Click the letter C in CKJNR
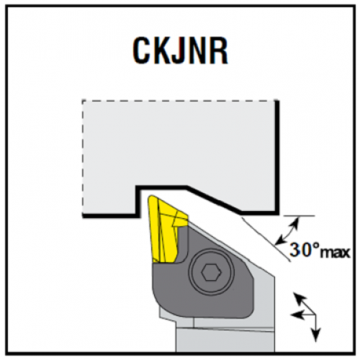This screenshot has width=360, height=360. pyautogui.click(x=142, y=52)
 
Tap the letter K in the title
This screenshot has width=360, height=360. pyautogui.click(x=162, y=52)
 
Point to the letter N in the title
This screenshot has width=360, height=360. pyautogui.click(x=199, y=52)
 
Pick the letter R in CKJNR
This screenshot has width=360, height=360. pyautogui.click(x=219, y=52)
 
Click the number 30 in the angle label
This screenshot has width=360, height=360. pyautogui.click(x=300, y=250)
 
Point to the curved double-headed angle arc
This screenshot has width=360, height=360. pyautogui.click(x=292, y=231)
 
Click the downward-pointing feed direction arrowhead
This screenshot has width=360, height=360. pyautogui.click(x=315, y=336)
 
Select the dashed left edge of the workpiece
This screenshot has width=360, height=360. pyautogui.click(x=83, y=157)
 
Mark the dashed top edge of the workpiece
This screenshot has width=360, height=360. pyautogui.click(x=180, y=101)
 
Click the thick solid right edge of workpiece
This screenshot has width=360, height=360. pyautogui.click(x=276, y=157)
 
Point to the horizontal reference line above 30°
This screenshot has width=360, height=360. pyautogui.click(x=299, y=216)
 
